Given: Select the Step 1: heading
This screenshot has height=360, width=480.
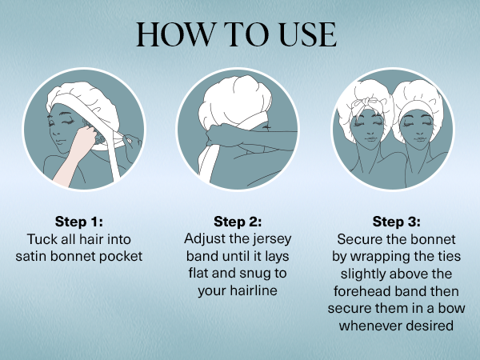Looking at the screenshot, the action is coord(79,222).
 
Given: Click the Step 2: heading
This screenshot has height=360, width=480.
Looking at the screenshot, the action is coord(238,222).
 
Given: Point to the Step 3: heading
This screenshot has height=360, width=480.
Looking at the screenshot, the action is coord(397,222).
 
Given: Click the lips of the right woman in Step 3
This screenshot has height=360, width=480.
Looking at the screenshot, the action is coord(419,139).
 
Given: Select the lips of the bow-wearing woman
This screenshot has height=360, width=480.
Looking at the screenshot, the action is coord(370,139).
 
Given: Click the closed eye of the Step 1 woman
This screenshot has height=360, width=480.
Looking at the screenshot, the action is coord(68,122).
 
